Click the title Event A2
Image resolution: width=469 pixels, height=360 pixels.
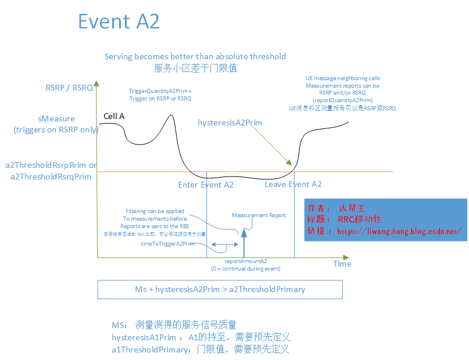tap(119, 21)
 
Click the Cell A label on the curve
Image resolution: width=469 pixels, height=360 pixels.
tap(113, 116)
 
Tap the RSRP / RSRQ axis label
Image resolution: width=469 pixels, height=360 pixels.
tap(69, 88)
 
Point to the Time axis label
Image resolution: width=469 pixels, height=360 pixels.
tap(342, 264)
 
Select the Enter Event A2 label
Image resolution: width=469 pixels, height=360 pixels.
tap(206, 185)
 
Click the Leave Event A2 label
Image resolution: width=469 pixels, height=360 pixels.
tap(293, 184)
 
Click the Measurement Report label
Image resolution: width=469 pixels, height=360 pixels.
tap(259, 215)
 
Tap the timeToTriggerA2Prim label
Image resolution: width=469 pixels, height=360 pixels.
tap(167, 244)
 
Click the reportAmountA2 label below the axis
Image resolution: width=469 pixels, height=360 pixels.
tap(245, 261)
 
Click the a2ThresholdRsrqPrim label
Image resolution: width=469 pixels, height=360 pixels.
tap(51, 177)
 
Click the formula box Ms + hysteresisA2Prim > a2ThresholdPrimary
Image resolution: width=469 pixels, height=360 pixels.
tap(220, 289)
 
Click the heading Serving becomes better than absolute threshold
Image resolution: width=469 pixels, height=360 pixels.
tap(195, 56)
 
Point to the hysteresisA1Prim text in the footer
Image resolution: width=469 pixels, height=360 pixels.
tap(144, 337)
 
